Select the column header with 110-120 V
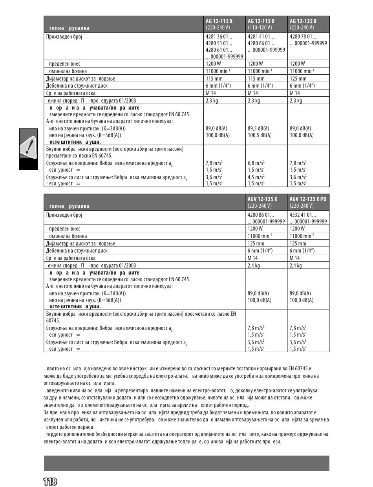(266, 24)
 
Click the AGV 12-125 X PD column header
(308, 202)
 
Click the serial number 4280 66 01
(261, 43)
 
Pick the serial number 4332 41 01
(303, 215)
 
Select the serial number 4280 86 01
(261, 215)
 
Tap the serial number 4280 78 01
(303, 37)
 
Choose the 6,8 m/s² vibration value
(256, 163)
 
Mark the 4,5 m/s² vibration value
(256, 177)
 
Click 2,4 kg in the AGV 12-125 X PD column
(296, 265)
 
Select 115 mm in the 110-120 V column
(256, 79)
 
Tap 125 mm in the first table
(298, 79)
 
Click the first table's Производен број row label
(64, 37)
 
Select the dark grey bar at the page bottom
(186, 463)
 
